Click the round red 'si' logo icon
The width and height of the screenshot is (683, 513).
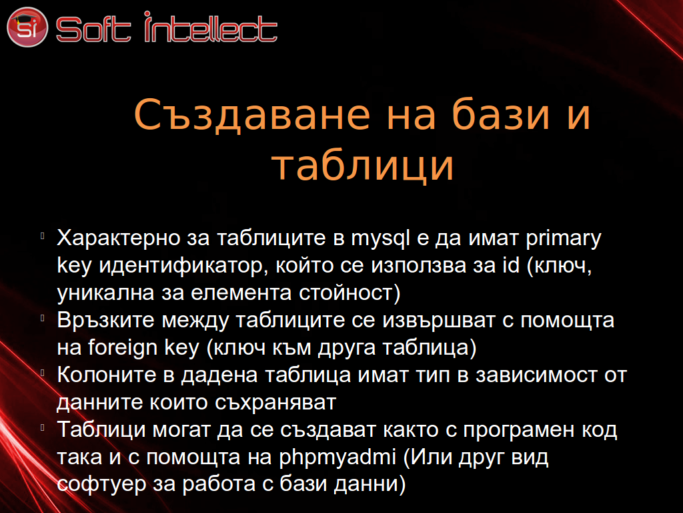(x=27, y=27)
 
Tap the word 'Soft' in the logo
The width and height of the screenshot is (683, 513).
(x=93, y=29)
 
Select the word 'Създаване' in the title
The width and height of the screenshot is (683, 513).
(x=252, y=115)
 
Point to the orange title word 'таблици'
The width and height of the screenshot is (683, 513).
(x=363, y=166)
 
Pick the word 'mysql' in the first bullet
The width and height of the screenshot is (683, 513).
(x=381, y=239)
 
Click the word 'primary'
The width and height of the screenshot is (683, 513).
(x=564, y=239)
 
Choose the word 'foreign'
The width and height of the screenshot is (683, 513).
(x=123, y=348)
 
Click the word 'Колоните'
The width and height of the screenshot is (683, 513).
(x=107, y=375)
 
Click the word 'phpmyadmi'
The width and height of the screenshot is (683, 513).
(x=337, y=458)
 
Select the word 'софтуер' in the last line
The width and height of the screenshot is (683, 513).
(x=101, y=484)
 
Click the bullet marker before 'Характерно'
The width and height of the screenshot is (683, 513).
(x=43, y=236)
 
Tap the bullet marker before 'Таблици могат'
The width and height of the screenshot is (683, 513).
(x=43, y=427)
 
